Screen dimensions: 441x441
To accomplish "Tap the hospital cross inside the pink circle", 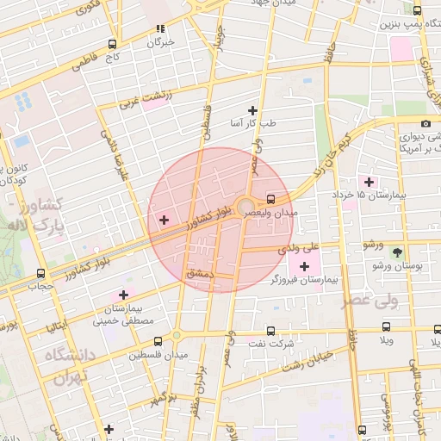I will (x=165, y=220).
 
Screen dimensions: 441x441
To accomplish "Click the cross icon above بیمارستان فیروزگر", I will (x=304, y=266).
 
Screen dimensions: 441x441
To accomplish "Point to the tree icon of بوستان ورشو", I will (x=397, y=252).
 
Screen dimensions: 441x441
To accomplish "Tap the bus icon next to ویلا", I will (x=386, y=327).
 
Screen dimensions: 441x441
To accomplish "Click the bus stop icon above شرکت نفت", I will (x=272, y=331).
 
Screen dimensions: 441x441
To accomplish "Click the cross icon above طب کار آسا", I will (x=252, y=110).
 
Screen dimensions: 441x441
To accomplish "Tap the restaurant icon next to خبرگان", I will (x=160, y=29).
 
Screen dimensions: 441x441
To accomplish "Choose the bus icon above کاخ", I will (x=113, y=44).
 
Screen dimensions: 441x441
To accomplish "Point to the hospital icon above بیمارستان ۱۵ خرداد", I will (x=370, y=182).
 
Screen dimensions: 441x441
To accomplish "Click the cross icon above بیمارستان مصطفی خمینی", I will (x=124, y=295).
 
